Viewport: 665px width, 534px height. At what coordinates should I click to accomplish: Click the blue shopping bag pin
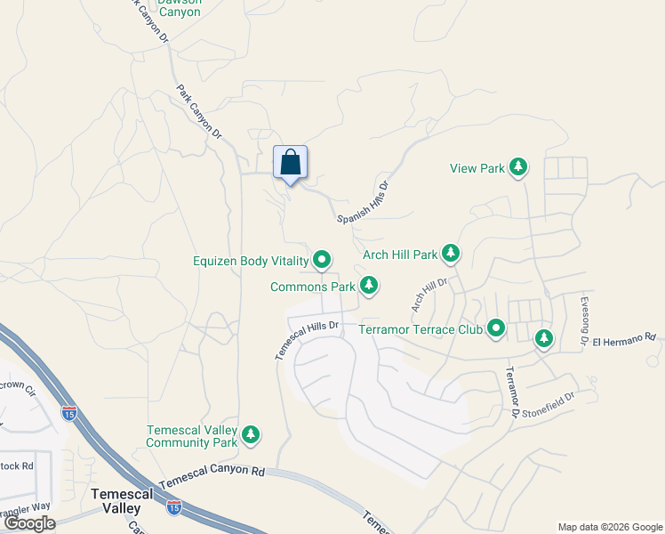coord(290,164)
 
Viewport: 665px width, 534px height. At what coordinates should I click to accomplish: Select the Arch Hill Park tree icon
coord(451,255)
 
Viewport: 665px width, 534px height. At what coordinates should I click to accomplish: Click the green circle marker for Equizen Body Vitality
coord(322,261)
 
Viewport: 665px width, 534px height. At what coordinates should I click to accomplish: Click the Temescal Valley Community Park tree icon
coord(252,435)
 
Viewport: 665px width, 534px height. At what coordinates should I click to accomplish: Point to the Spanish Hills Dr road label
coord(364,203)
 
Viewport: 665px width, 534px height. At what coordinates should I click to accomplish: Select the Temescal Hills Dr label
coord(308,339)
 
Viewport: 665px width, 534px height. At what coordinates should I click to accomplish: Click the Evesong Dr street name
coord(586,320)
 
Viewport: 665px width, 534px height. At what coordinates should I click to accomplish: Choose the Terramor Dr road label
coord(511,392)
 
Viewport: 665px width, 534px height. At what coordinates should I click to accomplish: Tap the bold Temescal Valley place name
coord(116,499)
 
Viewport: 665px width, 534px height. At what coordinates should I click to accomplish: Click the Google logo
coord(29,523)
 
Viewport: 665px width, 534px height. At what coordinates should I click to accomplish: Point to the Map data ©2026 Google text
coord(609,527)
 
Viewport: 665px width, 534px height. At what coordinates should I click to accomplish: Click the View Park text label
coord(477,168)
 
